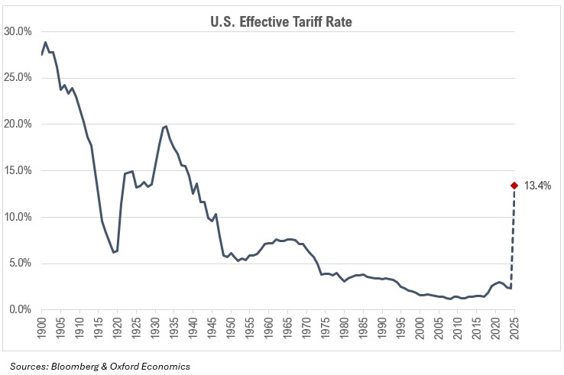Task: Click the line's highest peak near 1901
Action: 45,42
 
